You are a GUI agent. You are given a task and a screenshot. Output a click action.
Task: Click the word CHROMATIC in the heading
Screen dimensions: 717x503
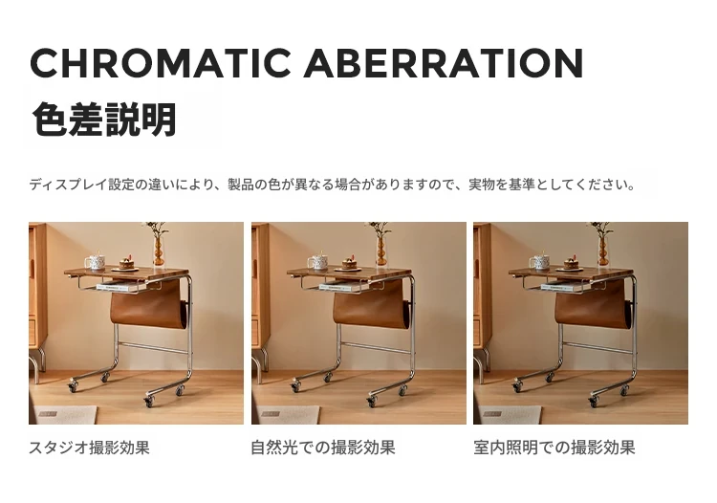161,63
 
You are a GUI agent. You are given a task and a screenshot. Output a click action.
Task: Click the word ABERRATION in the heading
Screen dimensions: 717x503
444,63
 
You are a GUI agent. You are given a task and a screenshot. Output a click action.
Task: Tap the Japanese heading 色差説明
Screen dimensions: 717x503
104,120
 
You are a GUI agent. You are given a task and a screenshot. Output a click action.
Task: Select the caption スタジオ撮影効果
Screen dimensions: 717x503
89,448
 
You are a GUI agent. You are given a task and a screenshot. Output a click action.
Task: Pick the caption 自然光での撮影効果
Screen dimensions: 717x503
323,448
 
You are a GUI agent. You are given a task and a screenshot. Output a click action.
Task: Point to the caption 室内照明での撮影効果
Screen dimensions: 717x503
554,448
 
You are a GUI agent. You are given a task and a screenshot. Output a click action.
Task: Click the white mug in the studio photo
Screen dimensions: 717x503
95,262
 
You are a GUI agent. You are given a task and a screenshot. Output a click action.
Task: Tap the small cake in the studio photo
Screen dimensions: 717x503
126,263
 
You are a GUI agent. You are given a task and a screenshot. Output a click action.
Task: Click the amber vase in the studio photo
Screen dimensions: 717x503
159,251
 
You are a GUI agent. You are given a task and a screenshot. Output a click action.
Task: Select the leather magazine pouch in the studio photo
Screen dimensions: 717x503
148,306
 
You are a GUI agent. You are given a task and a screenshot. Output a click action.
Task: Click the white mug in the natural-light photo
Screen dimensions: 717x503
317,262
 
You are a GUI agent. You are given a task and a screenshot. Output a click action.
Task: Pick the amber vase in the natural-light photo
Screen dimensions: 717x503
381,251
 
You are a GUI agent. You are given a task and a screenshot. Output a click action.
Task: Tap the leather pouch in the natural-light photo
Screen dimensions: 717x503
371,306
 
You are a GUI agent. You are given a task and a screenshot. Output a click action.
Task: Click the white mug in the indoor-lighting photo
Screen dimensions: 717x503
539,262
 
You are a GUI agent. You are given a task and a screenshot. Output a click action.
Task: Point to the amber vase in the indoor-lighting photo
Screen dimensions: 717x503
603,251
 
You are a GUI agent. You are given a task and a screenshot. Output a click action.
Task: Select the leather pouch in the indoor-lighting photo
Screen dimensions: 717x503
593,306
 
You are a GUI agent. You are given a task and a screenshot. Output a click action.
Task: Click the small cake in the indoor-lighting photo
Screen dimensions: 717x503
571,263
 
